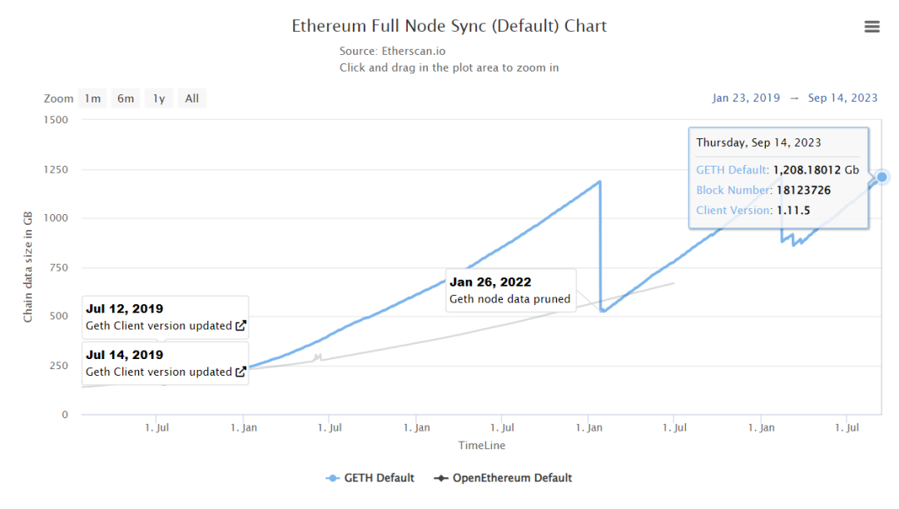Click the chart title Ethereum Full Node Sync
click(449, 26)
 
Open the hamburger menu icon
click(872, 27)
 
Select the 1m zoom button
click(92, 98)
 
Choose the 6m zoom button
click(126, 98)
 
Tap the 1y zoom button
click(158, 98)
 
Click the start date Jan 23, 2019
click(746, 97)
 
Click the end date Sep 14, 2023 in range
click(842, 97)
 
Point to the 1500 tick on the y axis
click(54, 120)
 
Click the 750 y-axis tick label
click(57, 267)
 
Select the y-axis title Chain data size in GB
click(28, 267)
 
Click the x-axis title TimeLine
click(481, 446)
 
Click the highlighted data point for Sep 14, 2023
click(882, 177)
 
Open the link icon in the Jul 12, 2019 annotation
click(241, 326)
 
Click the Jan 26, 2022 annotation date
click(490, 282)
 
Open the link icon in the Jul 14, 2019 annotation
click(241, 372)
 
